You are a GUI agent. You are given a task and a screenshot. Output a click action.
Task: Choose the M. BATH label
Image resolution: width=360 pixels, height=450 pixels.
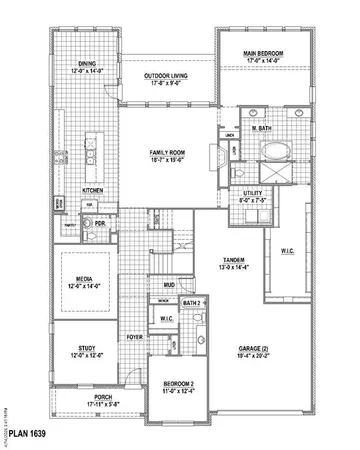click(x=263, y=128)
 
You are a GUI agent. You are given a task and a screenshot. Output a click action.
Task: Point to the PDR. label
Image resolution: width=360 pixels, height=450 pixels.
click(x=101, y=224)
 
